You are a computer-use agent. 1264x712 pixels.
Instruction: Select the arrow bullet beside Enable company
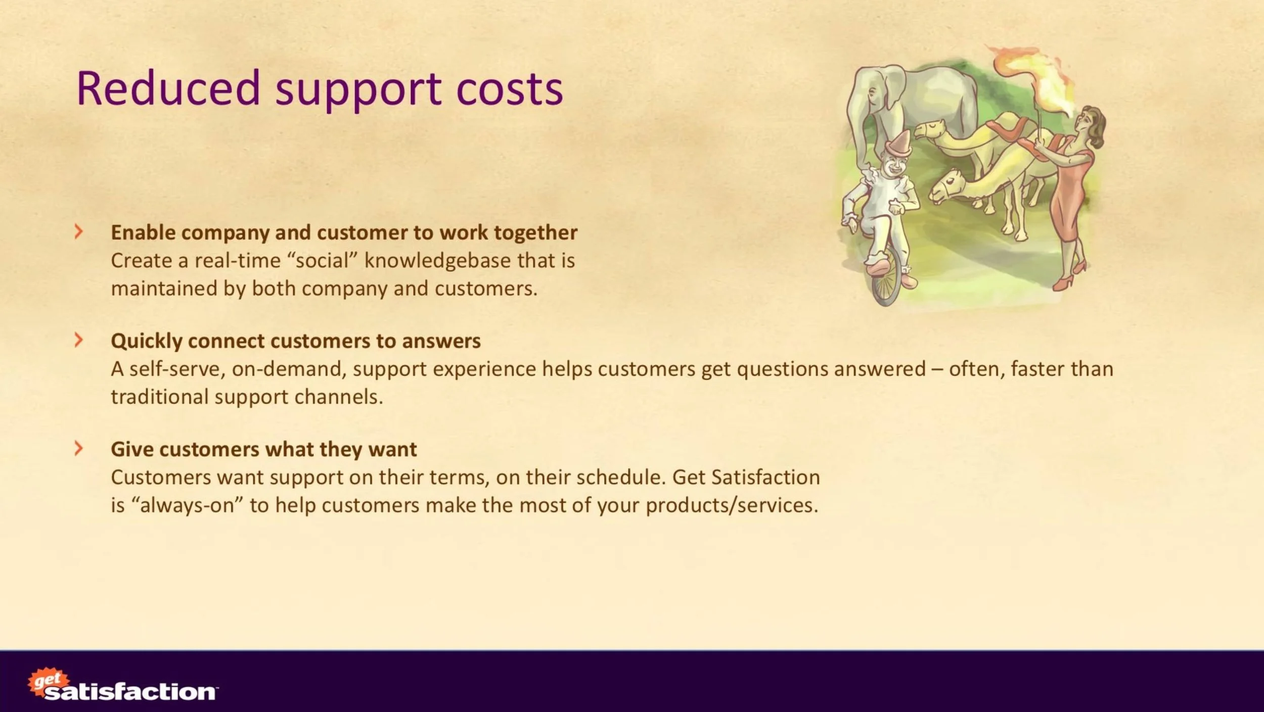pyautogui.click(x=78, y=232)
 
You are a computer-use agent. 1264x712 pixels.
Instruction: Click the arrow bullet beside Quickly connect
pyautogui.click(x=78, y=340)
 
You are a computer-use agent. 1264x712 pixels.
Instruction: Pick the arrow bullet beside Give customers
pyautogui.click(x=78, y=448)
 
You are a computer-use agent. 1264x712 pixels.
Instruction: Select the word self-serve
pyautogui.click(x=177, y=369)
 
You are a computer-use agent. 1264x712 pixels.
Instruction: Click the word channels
pyautogui.click(x=338, y=397)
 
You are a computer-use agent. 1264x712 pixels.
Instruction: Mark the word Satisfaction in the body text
pyautogui.click(x=765, y=477)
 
